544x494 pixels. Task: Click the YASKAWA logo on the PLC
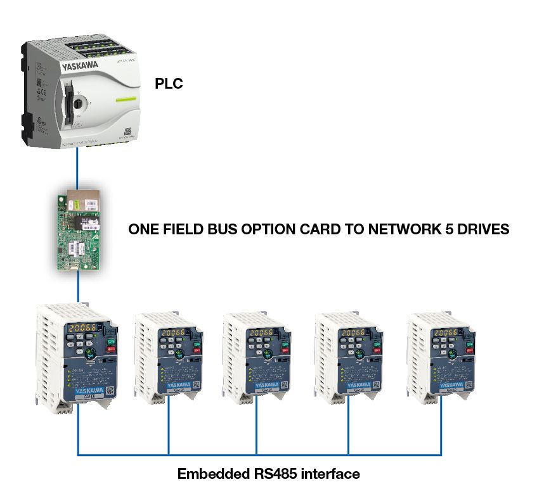pos(79,65)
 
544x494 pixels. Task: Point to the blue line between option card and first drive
pos(78,289)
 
